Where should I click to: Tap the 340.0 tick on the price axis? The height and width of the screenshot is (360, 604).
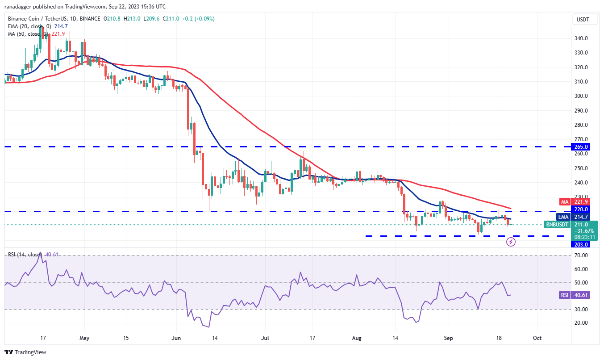(580, 38)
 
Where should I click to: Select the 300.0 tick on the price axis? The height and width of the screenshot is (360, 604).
(580, 96)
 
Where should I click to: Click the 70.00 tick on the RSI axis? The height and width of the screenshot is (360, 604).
(580, 255)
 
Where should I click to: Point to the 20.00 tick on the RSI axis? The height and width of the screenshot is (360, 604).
(580, 323)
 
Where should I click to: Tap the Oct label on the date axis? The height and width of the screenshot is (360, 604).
(537, 338)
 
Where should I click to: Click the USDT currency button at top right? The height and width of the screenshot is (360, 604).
(583, 19)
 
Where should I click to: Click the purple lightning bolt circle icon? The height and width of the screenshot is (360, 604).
(511, 242)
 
